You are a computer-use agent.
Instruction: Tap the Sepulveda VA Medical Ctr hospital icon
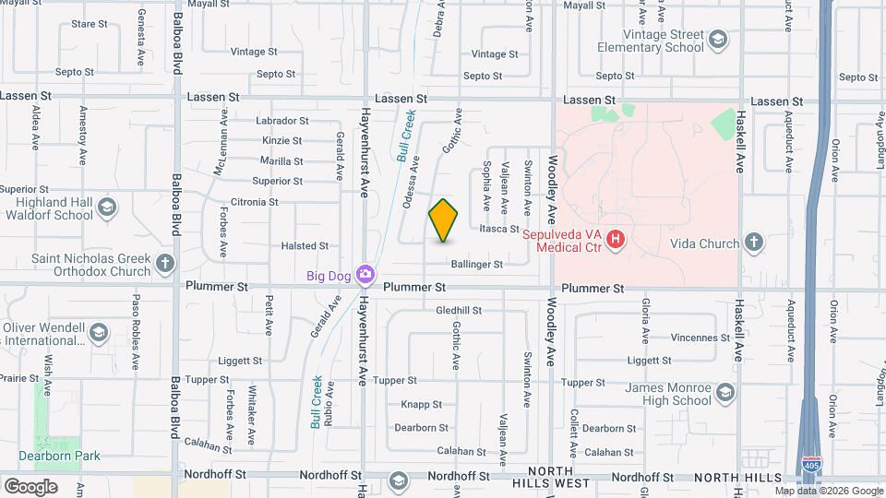tap(617, 242)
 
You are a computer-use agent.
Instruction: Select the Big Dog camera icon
tap(366, 274)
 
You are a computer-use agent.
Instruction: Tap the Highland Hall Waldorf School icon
tap(107, 207)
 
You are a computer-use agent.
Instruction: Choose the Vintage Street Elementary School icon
tap(718, 40)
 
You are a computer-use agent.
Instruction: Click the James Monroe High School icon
tap(724, 394)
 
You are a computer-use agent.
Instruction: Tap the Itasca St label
tap(499, 229)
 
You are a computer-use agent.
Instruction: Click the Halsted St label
tap(305, 246)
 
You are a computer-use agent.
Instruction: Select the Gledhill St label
tap(460, 310)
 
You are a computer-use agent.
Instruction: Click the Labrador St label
tap(257, 121)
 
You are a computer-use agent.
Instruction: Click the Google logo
tap(30, 486)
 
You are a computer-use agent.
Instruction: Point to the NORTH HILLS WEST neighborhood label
tap(553, 477)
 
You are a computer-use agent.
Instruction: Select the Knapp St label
tap(422, 404)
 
